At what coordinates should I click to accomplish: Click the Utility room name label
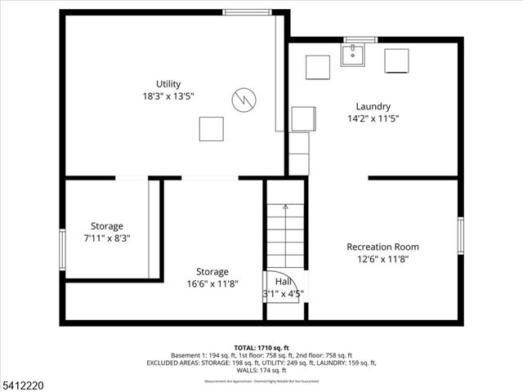point(168,84)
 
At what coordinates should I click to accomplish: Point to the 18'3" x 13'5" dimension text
point(168,96)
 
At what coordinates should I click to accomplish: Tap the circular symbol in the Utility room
point(243,99)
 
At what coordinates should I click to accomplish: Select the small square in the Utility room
point(211,129)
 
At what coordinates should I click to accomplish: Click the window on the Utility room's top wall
point(248,12)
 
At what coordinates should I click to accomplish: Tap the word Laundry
point(373,106)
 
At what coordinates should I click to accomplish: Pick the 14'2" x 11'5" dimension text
point(373,118)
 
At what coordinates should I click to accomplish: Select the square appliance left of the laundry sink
point(317,67)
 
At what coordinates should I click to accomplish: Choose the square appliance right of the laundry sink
point(396,61)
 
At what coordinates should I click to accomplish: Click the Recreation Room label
point(382,247)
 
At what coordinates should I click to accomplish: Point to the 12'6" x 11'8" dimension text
point(382,259)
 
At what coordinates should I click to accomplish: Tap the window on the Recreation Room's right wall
point(461,235)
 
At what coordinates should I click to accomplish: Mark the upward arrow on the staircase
point(284,207)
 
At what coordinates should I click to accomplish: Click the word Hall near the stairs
point(284,281)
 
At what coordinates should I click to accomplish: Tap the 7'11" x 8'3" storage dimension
point(107,238)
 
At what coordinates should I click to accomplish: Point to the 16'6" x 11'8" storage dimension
point(212,283)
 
